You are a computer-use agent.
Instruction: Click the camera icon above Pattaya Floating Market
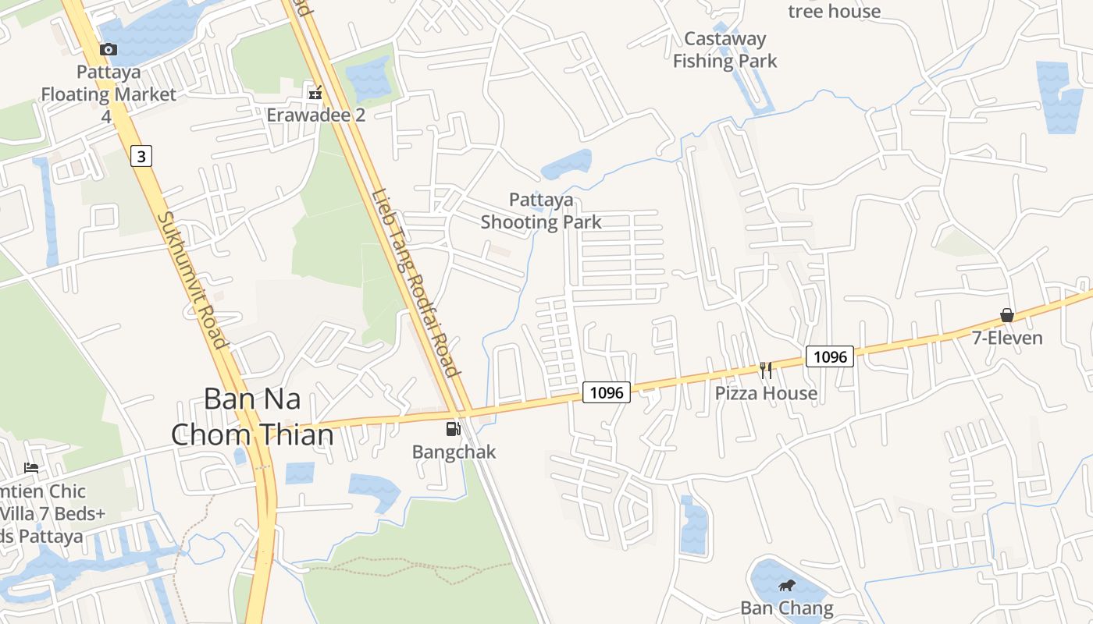pyautogui.click(x=109, y=50)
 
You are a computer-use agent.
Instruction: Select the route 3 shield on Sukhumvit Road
pyautogui.click(x=141, y=156)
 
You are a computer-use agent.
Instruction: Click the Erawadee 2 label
pyautogui.click(x=315, y=115)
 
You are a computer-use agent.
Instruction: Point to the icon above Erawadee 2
pyautogui.click(x=315, y=93)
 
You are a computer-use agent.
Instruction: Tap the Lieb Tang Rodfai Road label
pyautogui.click(x=414, y=282)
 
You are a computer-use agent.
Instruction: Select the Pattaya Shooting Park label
pyautogui.click(x=541, y=211)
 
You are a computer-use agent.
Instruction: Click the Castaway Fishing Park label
pyautogui.click(x=725, y=50)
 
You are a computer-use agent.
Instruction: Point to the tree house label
pyautogui.click(x=834, y=11)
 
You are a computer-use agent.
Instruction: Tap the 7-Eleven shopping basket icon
pyautogui.click(x=1007, y=315)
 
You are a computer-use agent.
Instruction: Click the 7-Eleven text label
pyautogui.click(x=1007, y=338)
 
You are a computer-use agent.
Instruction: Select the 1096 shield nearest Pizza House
pyautogui.click(x=829, y=356)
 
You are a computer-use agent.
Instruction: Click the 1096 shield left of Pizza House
pyautogui.click(x=607, y=392)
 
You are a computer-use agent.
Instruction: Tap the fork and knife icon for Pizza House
pyautogui.click(x=766, y=370)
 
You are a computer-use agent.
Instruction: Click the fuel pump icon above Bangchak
pyautogui.click(x=453, y=429)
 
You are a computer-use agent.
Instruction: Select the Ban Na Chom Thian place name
pyautogui.click(x=251, y=416)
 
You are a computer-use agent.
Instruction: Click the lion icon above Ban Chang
pyautogui.click(x=786, y=586)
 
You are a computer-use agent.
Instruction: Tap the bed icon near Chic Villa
pyautogui.click(x=31, y=467)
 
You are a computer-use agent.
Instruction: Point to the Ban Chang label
pyautogui.click(x=786, y=608)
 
